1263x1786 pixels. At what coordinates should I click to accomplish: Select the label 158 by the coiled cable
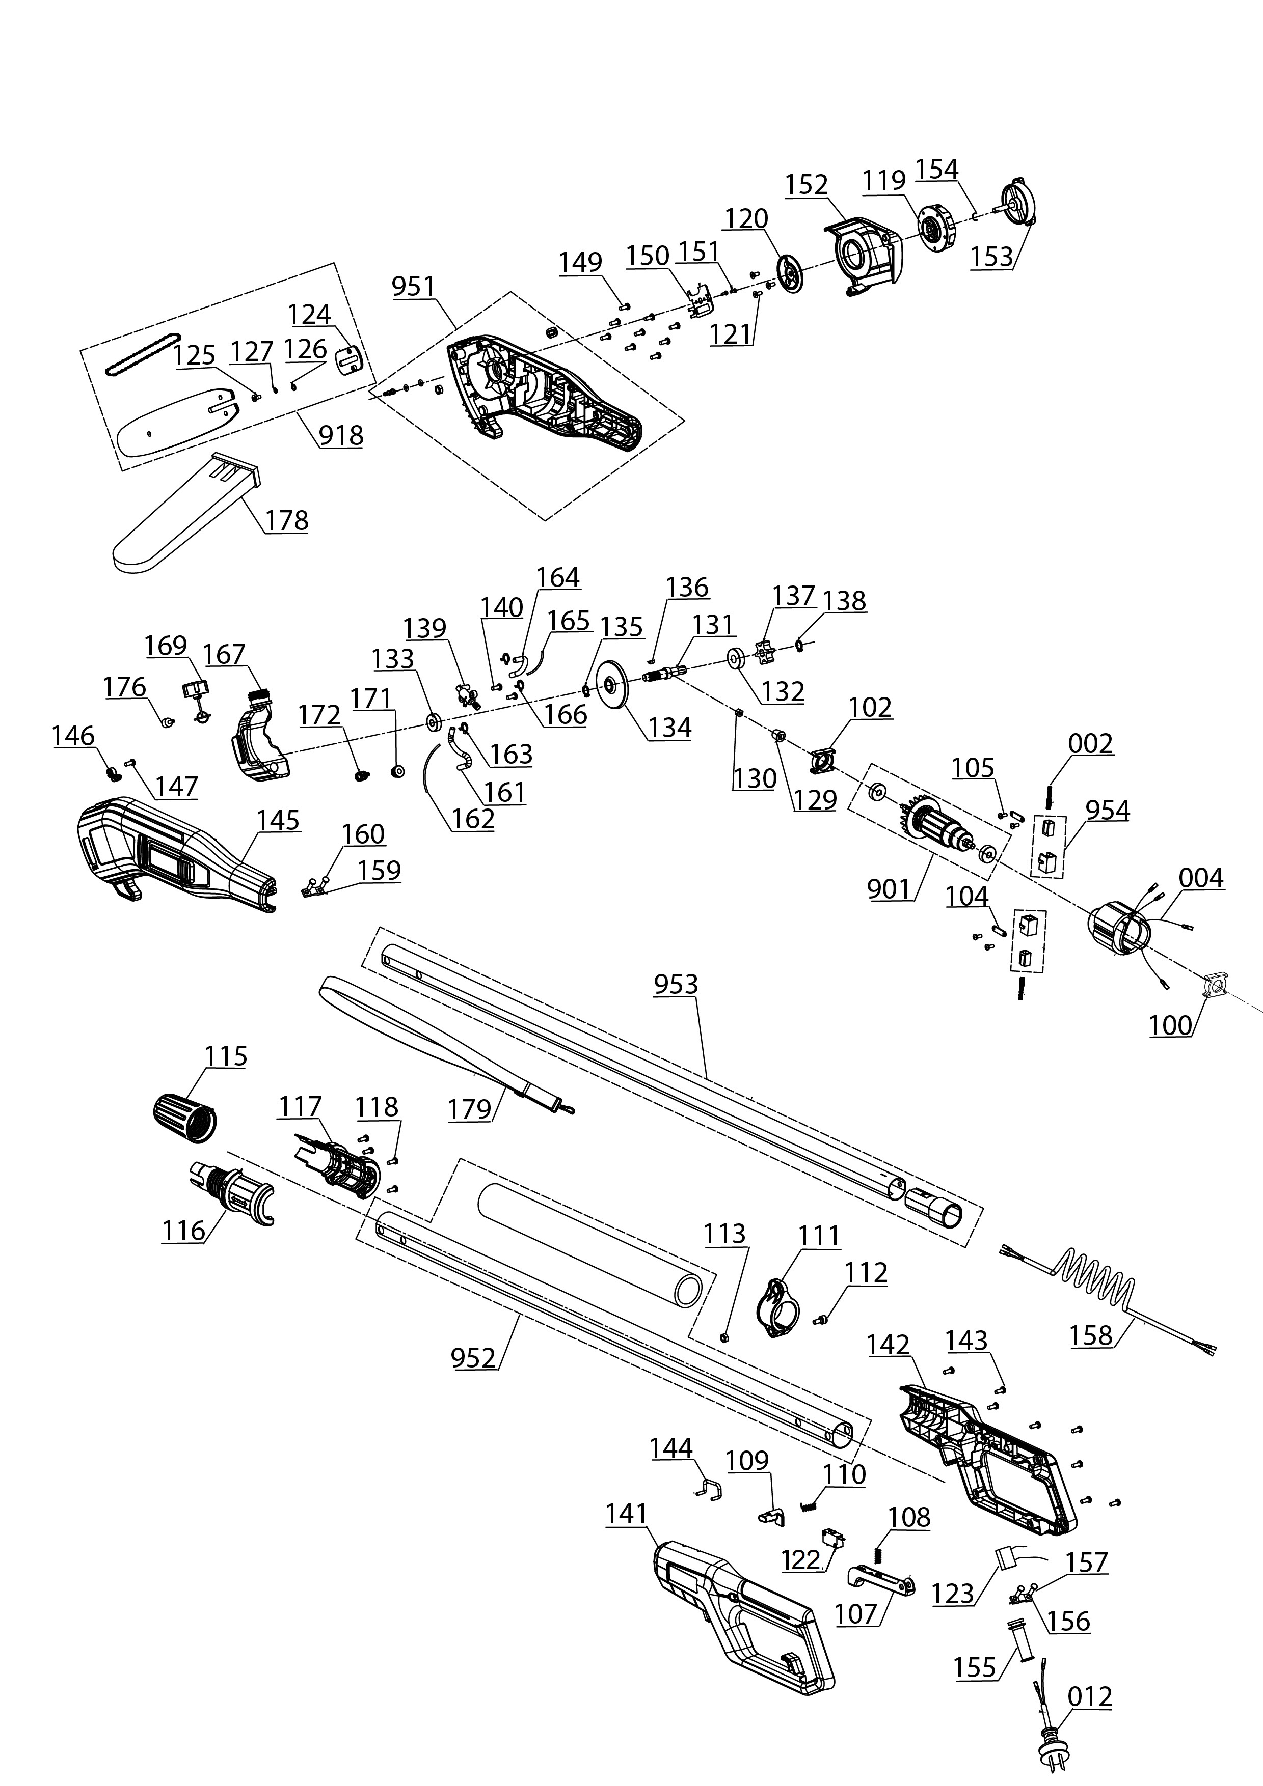coord(1091,1335)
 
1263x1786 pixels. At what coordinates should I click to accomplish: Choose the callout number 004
coord(1201,878)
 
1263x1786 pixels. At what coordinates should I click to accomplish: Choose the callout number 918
coord(341,435)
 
